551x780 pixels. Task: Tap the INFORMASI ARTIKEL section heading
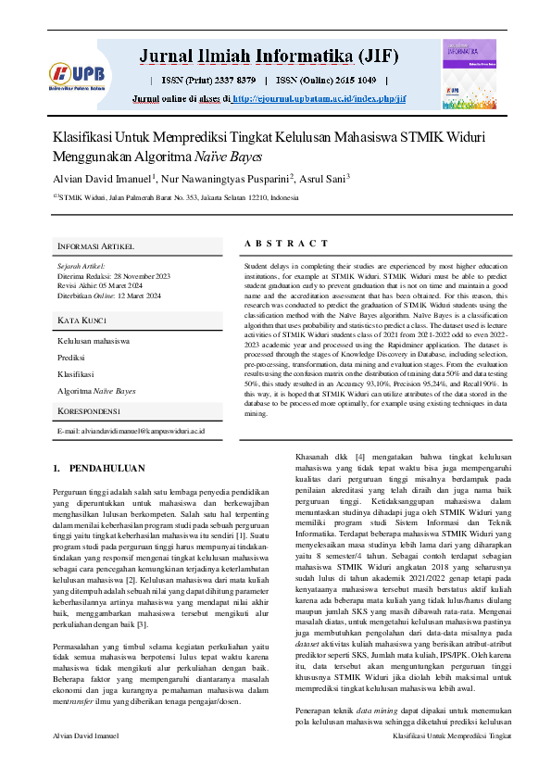click(96, 246)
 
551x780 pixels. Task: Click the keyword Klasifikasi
click(76, 374)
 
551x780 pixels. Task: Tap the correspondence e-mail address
click(131, 432)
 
